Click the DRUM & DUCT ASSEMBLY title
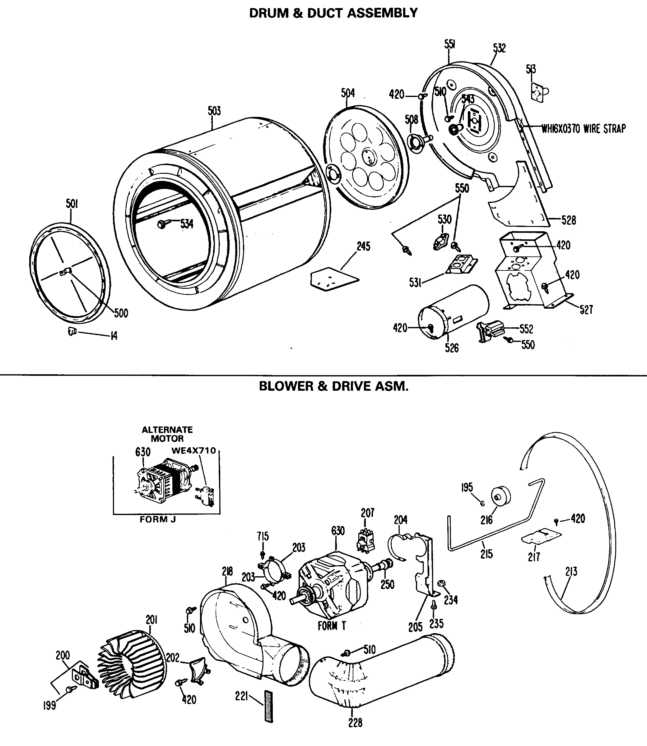click(x=333, y=13)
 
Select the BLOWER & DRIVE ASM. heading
click(x=333, y=386)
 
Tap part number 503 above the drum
click(x=214, y=111)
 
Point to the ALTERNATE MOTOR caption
click(x=167, y=434)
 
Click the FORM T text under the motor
click(x=332, y=626)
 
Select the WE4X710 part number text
click(x=193, y=451)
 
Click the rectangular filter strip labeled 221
click(x=268, y=706)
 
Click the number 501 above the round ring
click(x=72, y=204)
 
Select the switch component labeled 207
click(x=365, y=540)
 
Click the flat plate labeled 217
click(x=542, y=536)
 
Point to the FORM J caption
click(x=158, y=519)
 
